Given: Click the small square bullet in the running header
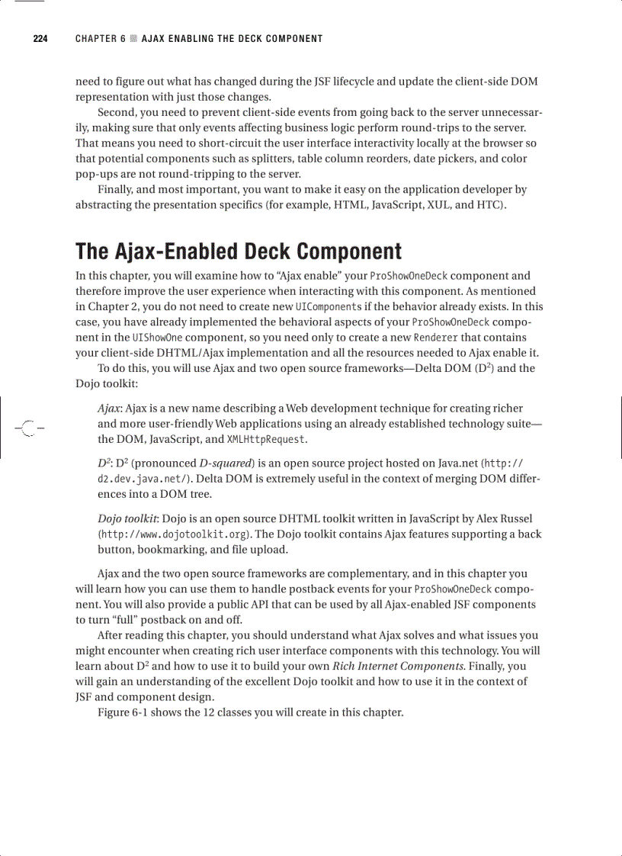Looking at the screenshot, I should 134,39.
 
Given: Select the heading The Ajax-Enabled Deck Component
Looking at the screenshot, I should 238,252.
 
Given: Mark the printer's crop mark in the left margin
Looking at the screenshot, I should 27,427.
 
